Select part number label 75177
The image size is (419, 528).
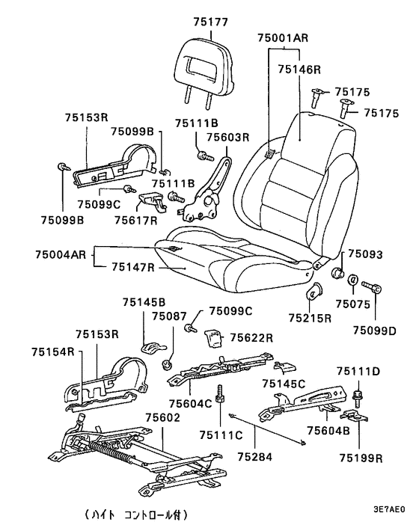[211, 22]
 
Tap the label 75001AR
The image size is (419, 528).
[283, 37]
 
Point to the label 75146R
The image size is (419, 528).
[299, 70]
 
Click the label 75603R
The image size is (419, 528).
[227, 138]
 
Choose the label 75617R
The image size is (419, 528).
[135, 220]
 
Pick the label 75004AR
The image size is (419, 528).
[61, 254]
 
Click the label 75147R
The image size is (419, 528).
[132, 267]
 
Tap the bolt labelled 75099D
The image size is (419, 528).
[372, 287]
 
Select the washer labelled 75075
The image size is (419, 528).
[352, 280]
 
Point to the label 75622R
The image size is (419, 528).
[251, 337]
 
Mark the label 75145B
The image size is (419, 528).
[144, 302]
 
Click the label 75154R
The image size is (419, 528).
[53, 352]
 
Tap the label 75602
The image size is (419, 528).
[162, 417]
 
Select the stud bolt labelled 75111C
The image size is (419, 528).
[220, 395]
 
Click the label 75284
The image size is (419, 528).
[254, 457]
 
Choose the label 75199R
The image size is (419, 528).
[361, 458]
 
